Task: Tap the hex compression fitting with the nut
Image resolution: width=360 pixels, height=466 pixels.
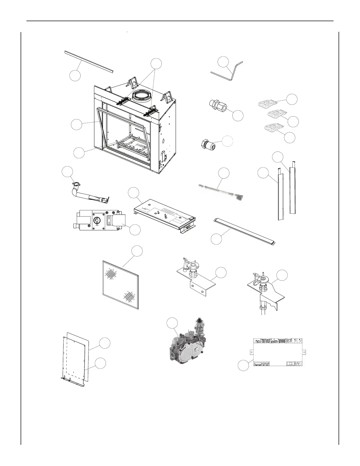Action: click(x=218, y=106)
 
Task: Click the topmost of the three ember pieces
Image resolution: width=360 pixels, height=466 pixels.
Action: click(x=268, y=103)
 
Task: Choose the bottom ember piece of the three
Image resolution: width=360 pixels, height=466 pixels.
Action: click(x=274, y=128)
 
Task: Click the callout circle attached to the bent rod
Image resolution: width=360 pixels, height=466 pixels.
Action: click(x=223, y=62)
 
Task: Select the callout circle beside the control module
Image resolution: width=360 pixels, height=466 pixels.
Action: click(x=243, y=366)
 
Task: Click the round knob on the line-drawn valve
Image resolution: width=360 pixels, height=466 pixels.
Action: click(x=97, y=221)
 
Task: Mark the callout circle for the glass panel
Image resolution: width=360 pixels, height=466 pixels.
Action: click(x=137, y=251)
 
